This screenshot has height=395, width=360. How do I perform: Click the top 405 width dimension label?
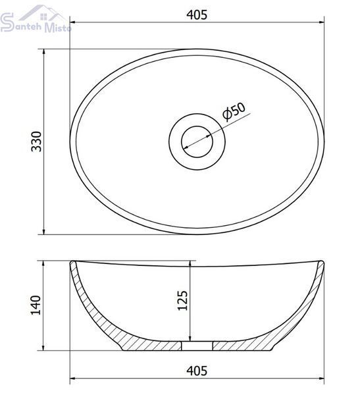point(197,15)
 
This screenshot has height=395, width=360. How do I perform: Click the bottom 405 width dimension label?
point(197,371)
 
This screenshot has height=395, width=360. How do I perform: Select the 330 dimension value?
point(36,142)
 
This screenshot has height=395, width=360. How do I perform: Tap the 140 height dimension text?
point(36,305)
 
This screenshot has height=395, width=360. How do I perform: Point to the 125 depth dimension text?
point(183,301)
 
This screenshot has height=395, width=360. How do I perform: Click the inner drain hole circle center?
point(197,142)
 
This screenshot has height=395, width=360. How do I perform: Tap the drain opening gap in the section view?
point(197,346)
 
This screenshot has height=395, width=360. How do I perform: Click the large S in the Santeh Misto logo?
point(7,22)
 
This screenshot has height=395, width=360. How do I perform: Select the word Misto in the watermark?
point(58,28)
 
